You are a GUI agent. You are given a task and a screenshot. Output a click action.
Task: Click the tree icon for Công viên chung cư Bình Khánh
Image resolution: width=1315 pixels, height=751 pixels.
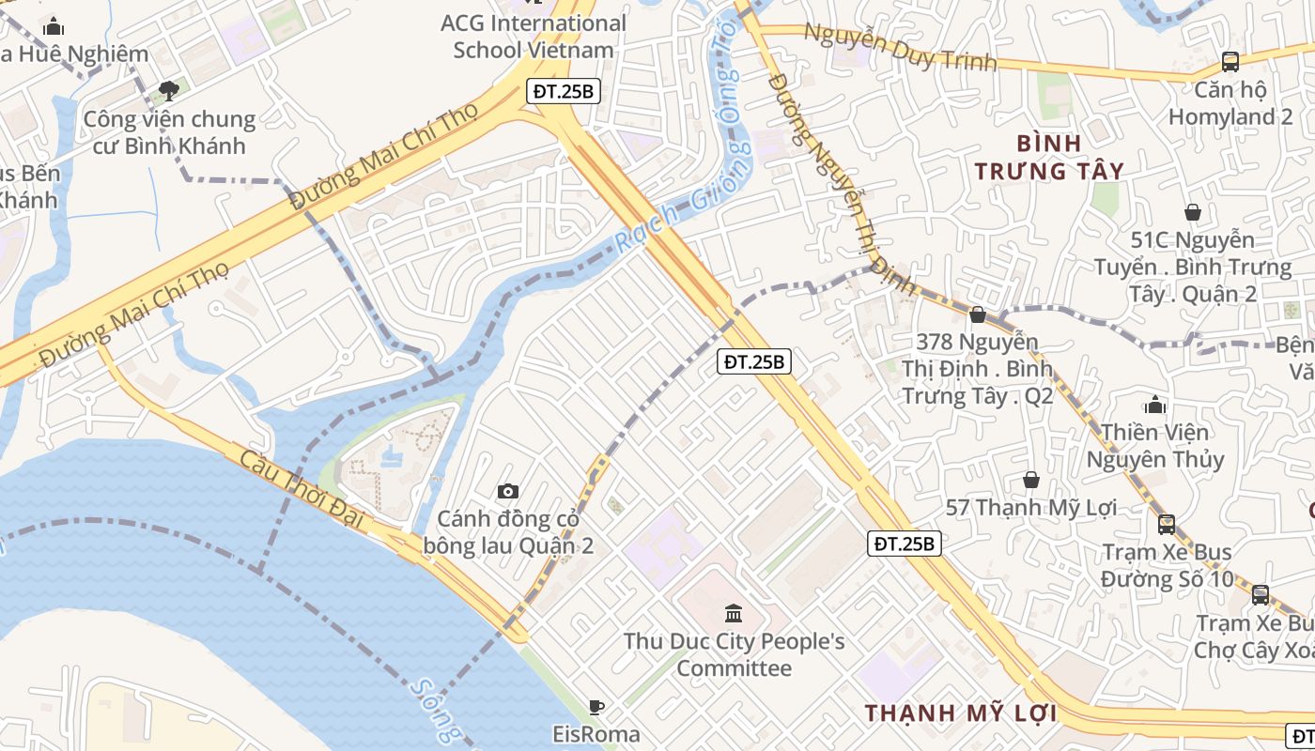[169, 90]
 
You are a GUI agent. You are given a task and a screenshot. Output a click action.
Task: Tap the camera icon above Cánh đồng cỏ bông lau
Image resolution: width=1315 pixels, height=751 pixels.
[508, 491]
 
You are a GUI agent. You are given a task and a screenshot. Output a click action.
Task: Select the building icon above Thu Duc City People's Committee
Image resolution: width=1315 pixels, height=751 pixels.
[734, 614]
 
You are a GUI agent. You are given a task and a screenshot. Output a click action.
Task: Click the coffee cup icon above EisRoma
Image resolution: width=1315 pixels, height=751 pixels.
[596, 707]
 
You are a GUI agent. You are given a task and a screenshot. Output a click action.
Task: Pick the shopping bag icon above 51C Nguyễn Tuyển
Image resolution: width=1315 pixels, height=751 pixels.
[1193, 212]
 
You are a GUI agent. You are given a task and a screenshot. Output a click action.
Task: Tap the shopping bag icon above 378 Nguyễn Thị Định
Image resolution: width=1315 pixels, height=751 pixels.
[978, 314]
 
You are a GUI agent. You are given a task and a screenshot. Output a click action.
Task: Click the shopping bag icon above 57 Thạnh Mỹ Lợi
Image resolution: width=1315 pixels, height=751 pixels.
[1031, 480]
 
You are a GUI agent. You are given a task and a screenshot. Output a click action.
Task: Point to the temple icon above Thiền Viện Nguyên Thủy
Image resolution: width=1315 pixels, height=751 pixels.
[1155, 405]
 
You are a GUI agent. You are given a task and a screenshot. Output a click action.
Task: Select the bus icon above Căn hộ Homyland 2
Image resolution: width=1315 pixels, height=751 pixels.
[1230, 62]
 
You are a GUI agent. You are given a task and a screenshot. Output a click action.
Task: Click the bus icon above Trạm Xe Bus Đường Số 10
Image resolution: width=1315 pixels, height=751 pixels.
[1167, 524]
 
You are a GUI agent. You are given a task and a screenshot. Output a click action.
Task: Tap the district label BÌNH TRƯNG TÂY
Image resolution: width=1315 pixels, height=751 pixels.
[1049, 157]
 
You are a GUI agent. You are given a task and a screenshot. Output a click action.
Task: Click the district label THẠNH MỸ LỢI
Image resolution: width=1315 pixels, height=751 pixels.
[961, 713]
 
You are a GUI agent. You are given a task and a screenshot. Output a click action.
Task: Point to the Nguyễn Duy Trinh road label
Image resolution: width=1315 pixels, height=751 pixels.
[900, 49]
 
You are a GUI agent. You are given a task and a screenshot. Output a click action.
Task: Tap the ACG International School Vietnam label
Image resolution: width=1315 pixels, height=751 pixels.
[534, 37]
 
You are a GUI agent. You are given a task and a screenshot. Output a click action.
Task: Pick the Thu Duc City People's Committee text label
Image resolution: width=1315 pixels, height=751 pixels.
[735, 655]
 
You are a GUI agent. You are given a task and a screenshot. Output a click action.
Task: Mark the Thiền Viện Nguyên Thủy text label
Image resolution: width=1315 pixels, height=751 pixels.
[1155, 446]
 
